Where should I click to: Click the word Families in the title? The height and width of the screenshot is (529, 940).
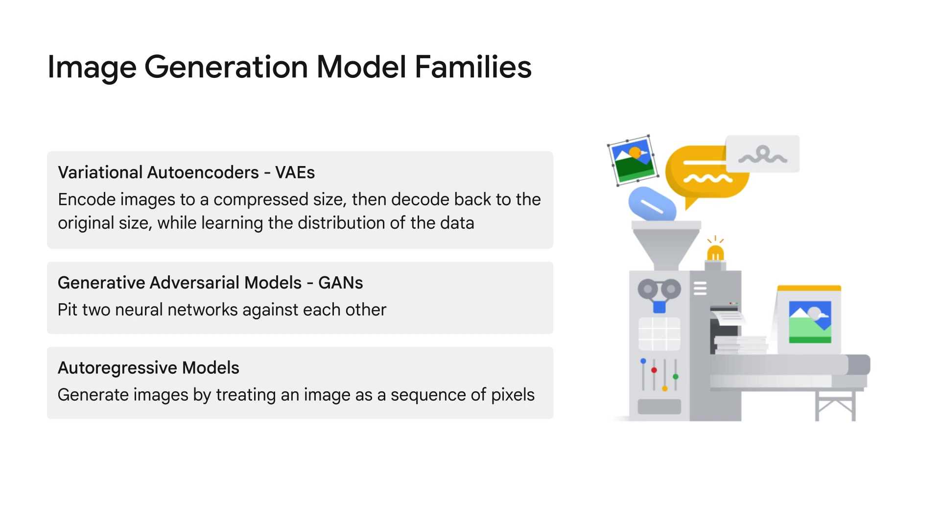[473, 67]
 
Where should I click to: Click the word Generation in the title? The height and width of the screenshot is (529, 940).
[226, 67]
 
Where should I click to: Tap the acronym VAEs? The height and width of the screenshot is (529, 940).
[295, 172]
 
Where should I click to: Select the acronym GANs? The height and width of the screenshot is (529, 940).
[340, 283]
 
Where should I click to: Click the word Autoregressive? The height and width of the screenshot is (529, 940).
[117, 368]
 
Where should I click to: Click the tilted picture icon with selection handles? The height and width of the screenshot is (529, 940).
[633, 160]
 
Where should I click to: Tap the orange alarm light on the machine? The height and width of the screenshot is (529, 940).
[715, 254]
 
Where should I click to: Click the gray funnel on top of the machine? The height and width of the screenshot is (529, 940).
[666, 245]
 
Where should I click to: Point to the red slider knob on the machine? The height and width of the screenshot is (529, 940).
[654, 370]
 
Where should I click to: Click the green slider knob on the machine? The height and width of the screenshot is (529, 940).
[676, 377]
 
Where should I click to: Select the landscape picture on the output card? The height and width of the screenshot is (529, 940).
[810, 322]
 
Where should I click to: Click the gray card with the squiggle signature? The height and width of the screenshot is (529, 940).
[762, 154]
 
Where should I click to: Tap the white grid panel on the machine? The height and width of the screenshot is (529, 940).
[659, 334]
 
